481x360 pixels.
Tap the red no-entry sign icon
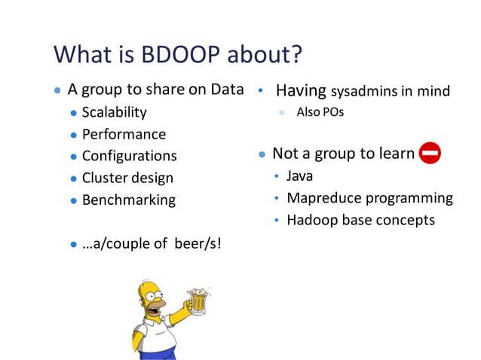[429, 154]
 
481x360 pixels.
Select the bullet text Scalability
[114, 113]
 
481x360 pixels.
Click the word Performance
[124, 135]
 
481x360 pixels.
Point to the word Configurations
[129, 157]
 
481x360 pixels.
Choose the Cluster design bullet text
[127, 178]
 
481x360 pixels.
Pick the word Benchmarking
[128, 200]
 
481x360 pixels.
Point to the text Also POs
[320, 112]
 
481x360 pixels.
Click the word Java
[299, 177]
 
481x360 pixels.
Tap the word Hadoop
[311, 221]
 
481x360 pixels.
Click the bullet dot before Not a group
[262, 154]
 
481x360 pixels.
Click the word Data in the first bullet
[227, 90]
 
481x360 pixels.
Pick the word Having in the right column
[300, 91]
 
